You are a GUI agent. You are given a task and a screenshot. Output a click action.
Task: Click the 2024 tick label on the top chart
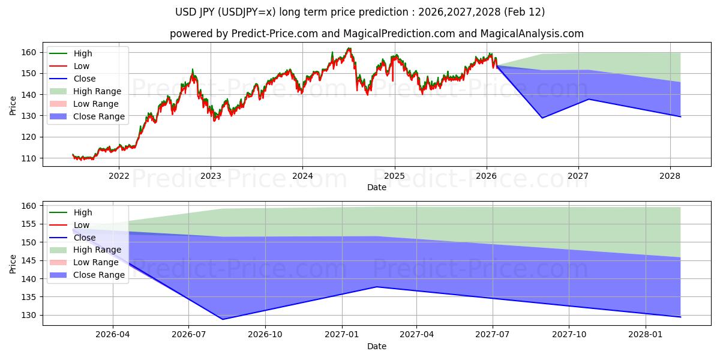(302, 176)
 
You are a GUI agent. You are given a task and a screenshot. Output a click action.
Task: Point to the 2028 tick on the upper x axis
(670, 176)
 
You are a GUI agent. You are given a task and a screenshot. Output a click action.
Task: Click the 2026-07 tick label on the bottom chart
(188, 335)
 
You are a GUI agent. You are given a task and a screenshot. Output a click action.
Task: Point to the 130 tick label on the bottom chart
(29, 316)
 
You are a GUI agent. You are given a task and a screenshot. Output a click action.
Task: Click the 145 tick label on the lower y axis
(29, 261)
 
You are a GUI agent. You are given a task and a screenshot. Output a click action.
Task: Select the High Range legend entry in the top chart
(97, 91)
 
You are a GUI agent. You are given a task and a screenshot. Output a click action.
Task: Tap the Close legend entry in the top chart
(84, 79)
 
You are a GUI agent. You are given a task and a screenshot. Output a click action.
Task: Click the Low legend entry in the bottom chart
(81, 225)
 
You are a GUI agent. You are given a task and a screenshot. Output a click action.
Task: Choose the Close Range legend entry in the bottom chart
(99, 275)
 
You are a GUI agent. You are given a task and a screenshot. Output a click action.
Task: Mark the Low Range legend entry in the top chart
(97, 104)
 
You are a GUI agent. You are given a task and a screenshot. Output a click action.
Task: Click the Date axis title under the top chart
(376, 187)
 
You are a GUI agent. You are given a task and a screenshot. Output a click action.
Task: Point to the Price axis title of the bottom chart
(13, 264)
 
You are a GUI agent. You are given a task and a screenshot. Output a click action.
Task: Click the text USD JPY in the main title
(200, 12)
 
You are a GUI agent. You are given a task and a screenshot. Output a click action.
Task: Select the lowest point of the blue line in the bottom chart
(223, 319)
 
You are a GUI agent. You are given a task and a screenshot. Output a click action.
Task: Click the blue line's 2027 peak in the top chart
(589, 99)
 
